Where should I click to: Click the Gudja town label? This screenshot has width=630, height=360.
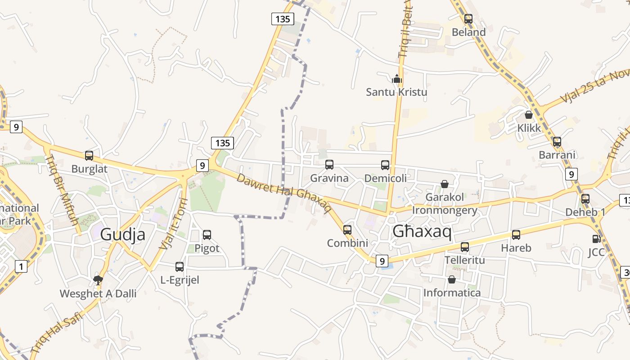[123, 234]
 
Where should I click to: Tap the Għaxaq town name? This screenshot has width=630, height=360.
[422, 231]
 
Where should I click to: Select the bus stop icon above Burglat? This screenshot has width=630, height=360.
[89, 156]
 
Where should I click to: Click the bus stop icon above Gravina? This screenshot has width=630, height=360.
[329, 165]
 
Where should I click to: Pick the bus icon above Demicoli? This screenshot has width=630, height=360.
[385, 165]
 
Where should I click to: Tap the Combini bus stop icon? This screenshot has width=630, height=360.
[347, 229]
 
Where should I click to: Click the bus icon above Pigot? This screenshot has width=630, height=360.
[207, 234]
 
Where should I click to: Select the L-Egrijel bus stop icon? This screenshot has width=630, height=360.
[180, 266]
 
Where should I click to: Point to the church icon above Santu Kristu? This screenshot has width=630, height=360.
[396, 79]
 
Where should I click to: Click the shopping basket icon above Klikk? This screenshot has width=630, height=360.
[529, 115]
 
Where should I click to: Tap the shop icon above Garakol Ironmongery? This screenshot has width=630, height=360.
[445, 184]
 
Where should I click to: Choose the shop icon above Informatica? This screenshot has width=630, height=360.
[452, 279]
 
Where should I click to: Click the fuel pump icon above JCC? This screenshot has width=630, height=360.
[596, 239]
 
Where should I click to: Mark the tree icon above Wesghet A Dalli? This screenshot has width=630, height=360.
[98, 280]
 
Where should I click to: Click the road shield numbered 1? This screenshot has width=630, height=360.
[21, 267]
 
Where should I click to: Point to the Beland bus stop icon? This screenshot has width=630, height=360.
[468, 19]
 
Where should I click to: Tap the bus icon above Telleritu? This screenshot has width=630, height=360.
[465, 247]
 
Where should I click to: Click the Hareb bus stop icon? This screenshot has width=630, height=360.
[516, 234]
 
